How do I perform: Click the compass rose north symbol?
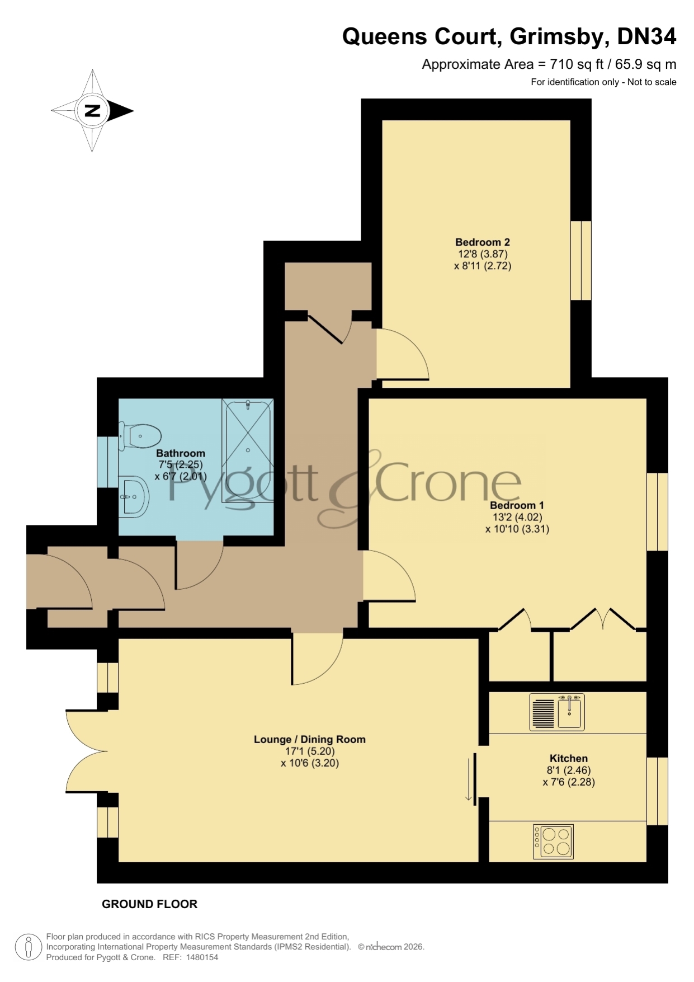pyautogui.click(x=92, y=111)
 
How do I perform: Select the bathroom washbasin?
pyautogui.click(x=134, y=496)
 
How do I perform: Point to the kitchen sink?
pyautogui.click(x=557, y=712)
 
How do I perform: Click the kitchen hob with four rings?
pyautogui.click(x=554, y=842)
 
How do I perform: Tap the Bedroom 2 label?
pyautogui.click(x=483, y=242)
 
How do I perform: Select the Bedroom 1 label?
pyautogui.click(x=517, y=505)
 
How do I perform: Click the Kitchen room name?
pyautogui.click(x=569, y=758)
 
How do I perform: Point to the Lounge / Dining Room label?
pyautogui.click(x=310, y=739)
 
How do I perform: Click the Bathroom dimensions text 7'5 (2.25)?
pyautogui.click(x=181, y=464)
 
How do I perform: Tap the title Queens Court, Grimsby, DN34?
pyautogui.click(x=509, y=36)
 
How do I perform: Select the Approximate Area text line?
pyautogui.click(x=549, y=64)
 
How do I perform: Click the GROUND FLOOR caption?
pyautogui.click(x=149, y=904)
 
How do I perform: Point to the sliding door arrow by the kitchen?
pyautogui.click(x=469, y=779)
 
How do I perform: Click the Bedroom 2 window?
pyautogui.click(x=581, y=261)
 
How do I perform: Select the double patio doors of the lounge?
pyautogui.click(x=87, y=751)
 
